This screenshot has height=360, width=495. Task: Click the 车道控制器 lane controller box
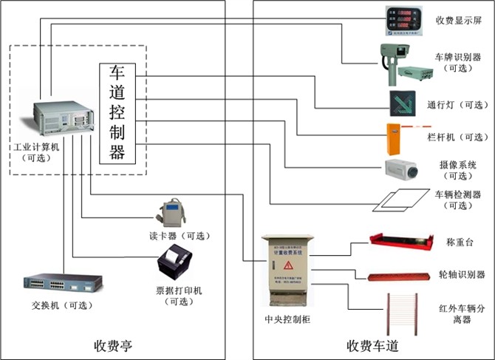(118, 112)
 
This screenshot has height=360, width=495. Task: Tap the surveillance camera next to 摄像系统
(402, 169)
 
